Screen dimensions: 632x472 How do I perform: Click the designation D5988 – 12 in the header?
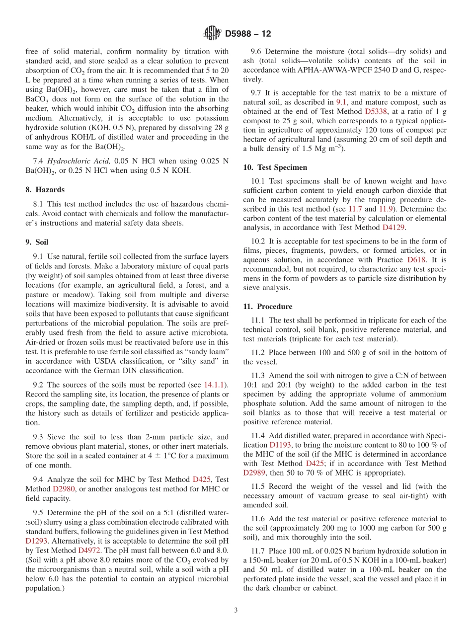[x=247, y=34]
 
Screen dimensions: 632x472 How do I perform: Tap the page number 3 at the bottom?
[x=236, y=610]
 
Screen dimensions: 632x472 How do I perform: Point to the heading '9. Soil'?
[x=37, y=242]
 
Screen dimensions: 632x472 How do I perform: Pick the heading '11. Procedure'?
[x=268, y=307]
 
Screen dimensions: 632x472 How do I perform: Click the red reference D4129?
[x=393, y=227]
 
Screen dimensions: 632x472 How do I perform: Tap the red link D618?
[x=416, y=260]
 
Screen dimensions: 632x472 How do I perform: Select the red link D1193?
[x=280, y=445]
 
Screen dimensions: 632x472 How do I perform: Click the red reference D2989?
[x=254, y=473]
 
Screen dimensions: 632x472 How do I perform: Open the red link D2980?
[x=63, y=489]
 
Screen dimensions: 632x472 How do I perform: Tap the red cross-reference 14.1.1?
[x=215, y=385]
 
